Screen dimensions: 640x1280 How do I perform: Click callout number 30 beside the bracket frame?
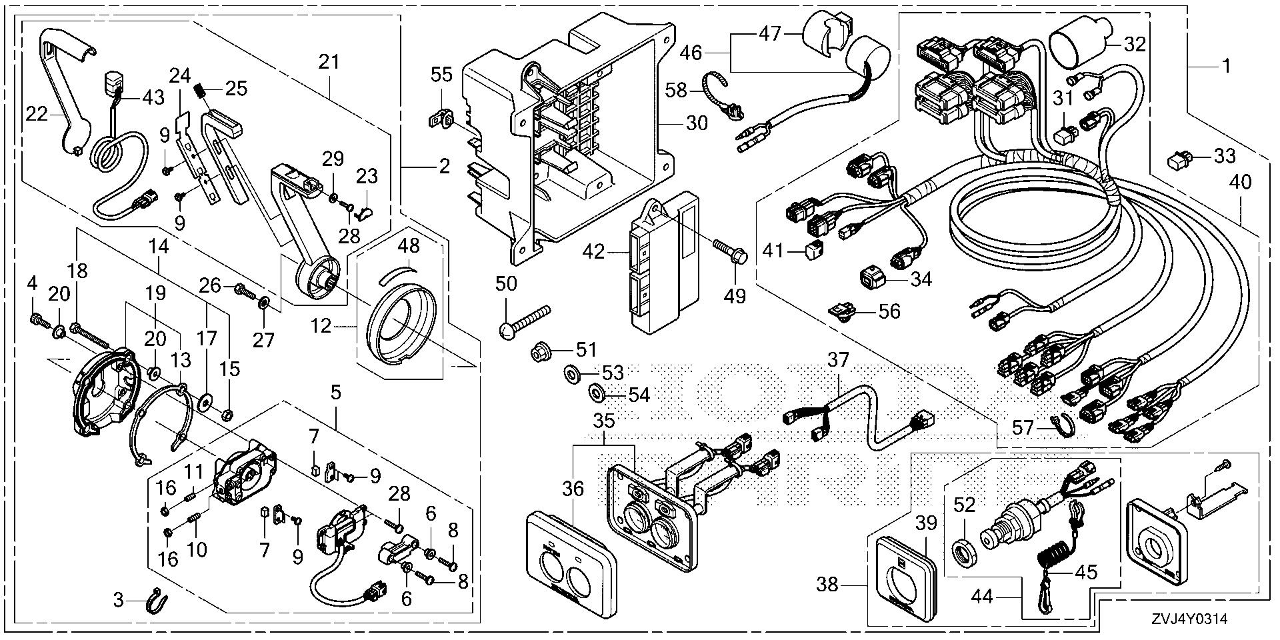coord(697,123)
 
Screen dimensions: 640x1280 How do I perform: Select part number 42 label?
coord(594,252)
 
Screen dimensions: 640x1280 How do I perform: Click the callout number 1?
coord(1225,66)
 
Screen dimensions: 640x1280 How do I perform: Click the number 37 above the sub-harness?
coord(838,361)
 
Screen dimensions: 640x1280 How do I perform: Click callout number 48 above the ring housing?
coord(409,246)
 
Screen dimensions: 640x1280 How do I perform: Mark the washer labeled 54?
coord(595,393)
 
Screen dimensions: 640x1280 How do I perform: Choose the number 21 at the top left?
coord(329,63)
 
